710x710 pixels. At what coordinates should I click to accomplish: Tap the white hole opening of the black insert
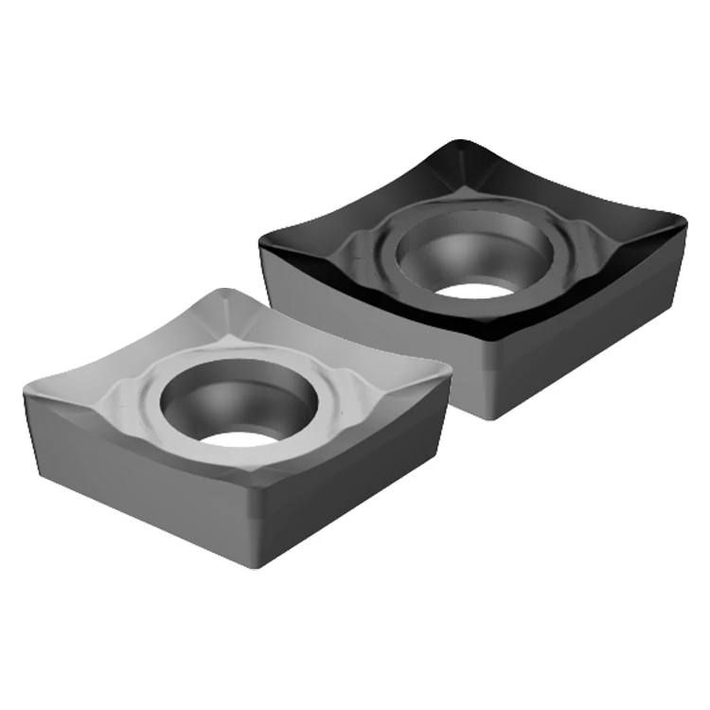479,289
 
